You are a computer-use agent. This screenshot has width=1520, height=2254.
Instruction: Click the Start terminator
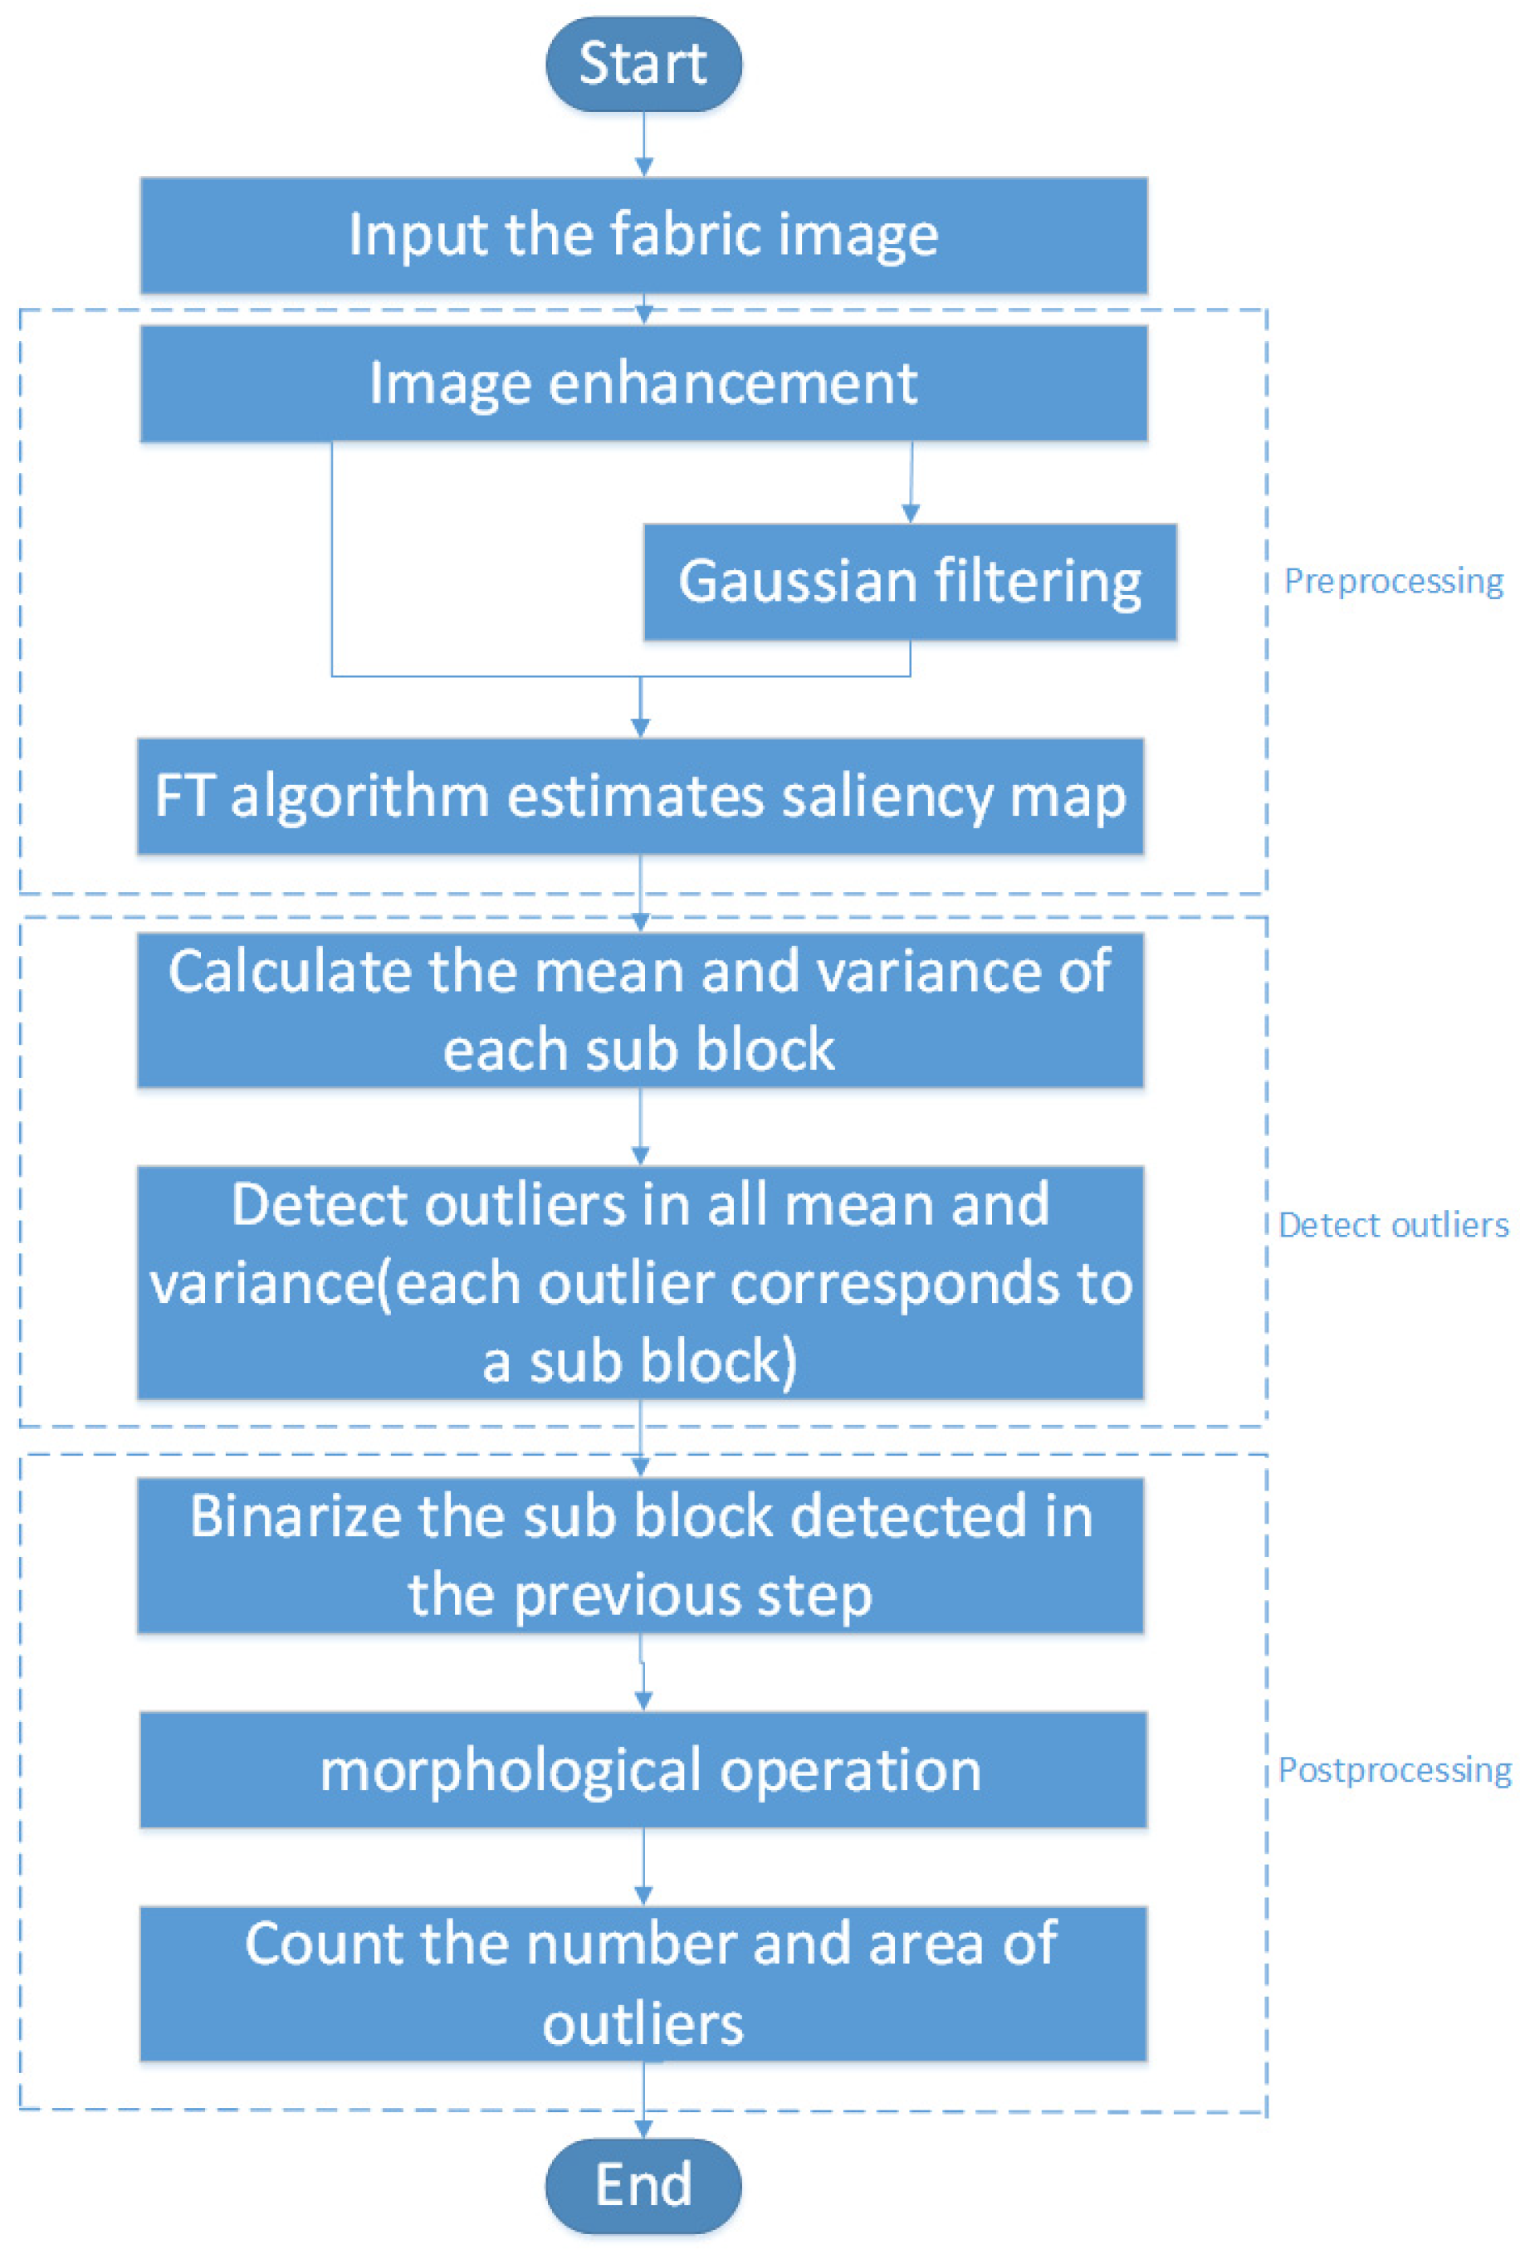[x=643, y=64]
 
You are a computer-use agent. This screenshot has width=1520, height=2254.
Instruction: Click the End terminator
[x=643, y=2186]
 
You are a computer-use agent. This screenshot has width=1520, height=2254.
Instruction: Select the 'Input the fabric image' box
[x=643, y=236]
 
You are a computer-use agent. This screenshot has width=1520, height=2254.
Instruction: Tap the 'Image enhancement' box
[x=643, y=383]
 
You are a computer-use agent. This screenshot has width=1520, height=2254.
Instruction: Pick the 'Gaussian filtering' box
[x=909, y=583]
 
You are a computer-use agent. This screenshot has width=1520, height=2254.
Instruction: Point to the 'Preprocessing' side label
[x=1393, y=582]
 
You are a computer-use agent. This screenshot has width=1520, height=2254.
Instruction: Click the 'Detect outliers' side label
[x=1393, y=1226]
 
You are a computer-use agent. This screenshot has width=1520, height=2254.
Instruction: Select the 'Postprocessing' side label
[x=1394, y=1770]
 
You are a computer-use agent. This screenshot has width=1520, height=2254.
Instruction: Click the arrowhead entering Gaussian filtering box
[x=909, y=514]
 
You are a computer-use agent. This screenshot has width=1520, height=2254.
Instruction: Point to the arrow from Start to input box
[x=643, y=145]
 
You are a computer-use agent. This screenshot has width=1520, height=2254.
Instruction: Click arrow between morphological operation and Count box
[x=643, y=1868]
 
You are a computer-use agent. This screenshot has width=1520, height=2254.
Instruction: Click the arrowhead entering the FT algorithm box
[x=640, y=728]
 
